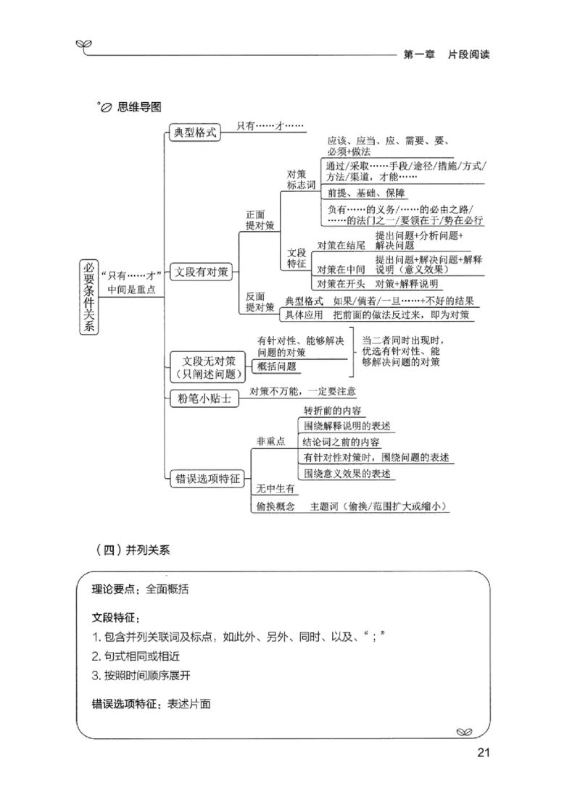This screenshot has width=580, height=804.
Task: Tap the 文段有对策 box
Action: [202, 273]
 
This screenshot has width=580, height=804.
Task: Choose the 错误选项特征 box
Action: [207, 478]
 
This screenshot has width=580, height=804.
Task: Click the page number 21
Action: [484, 752]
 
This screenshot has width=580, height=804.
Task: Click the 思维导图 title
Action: [137, 106]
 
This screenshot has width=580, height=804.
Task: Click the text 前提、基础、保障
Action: [366, 193]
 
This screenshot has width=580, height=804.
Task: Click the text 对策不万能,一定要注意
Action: [302, 391]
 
